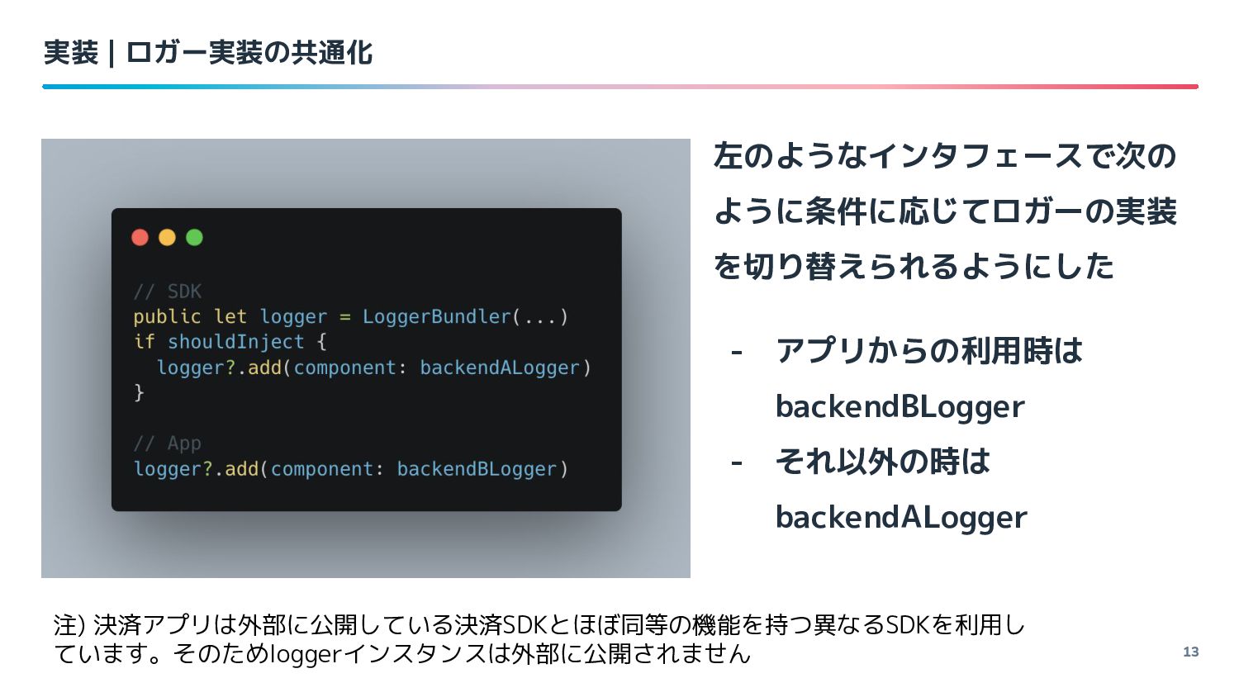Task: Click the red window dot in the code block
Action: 140,238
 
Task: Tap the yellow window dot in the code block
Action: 167,238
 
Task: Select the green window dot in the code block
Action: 194,238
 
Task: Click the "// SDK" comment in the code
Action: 167,292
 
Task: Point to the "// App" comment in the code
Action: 167,443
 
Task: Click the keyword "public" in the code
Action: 167,316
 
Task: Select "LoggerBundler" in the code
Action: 437,316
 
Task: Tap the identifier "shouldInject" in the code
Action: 235,342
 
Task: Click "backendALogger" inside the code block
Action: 499,367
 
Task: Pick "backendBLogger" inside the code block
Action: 477,469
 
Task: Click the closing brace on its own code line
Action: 139,392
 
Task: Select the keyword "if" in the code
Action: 144,342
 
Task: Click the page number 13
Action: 1190,652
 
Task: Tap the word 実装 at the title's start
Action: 71,53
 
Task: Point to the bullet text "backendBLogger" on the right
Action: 900,406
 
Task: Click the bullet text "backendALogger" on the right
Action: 900,517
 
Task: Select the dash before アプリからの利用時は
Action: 736,353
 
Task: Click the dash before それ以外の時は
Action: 736,462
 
